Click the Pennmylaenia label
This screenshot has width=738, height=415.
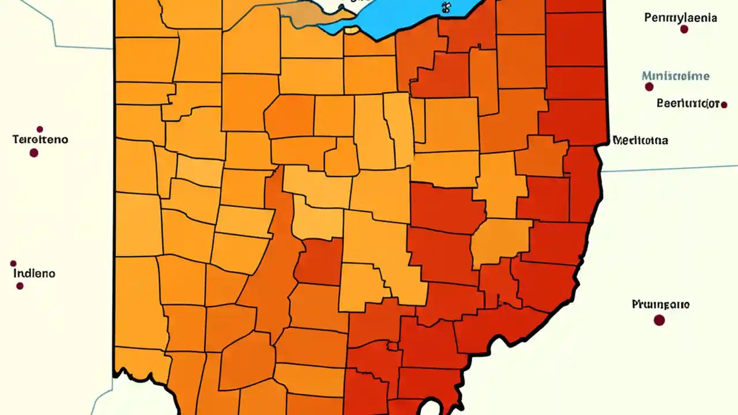680,18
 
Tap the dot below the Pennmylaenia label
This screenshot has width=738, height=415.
684,29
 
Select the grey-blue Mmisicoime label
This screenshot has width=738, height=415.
675,76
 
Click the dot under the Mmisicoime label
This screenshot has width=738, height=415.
649,87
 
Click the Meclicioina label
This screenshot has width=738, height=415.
640,140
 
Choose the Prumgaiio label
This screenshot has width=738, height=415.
660,304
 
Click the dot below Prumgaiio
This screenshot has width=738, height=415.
659,320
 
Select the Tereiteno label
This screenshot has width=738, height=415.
40,139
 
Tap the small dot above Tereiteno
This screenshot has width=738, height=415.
40,129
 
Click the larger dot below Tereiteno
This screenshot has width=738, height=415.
34,153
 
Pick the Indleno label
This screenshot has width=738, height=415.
34,273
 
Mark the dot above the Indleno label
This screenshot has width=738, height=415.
13,263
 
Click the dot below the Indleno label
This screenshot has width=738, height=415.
20,286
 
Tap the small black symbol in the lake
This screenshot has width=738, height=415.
445,7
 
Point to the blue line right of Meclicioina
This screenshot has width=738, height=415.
669,168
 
